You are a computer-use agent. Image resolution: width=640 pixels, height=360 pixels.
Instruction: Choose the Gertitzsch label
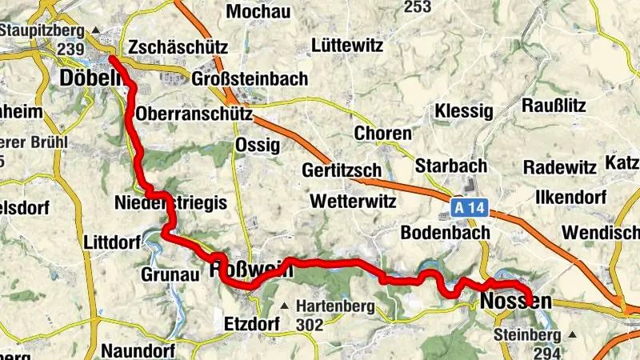pyautogui.click(x=341, y=170)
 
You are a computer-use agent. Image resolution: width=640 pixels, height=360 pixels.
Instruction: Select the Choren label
pyautogui.click(x=382, y=133)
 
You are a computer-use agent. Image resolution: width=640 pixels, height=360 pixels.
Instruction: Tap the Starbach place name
pyautogui.click(x=451, y=166)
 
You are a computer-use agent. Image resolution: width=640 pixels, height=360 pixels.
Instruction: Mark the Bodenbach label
pyautogui.click(x=439, y=232)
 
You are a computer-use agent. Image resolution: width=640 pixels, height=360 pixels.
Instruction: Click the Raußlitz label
pyautogui.click(x=554, y=105)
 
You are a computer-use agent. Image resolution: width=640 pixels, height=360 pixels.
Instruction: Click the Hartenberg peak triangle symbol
pyautogui.click(x=284, y=305)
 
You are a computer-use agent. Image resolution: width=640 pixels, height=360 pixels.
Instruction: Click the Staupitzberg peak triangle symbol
pyautogui.click(x=97, y=30)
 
